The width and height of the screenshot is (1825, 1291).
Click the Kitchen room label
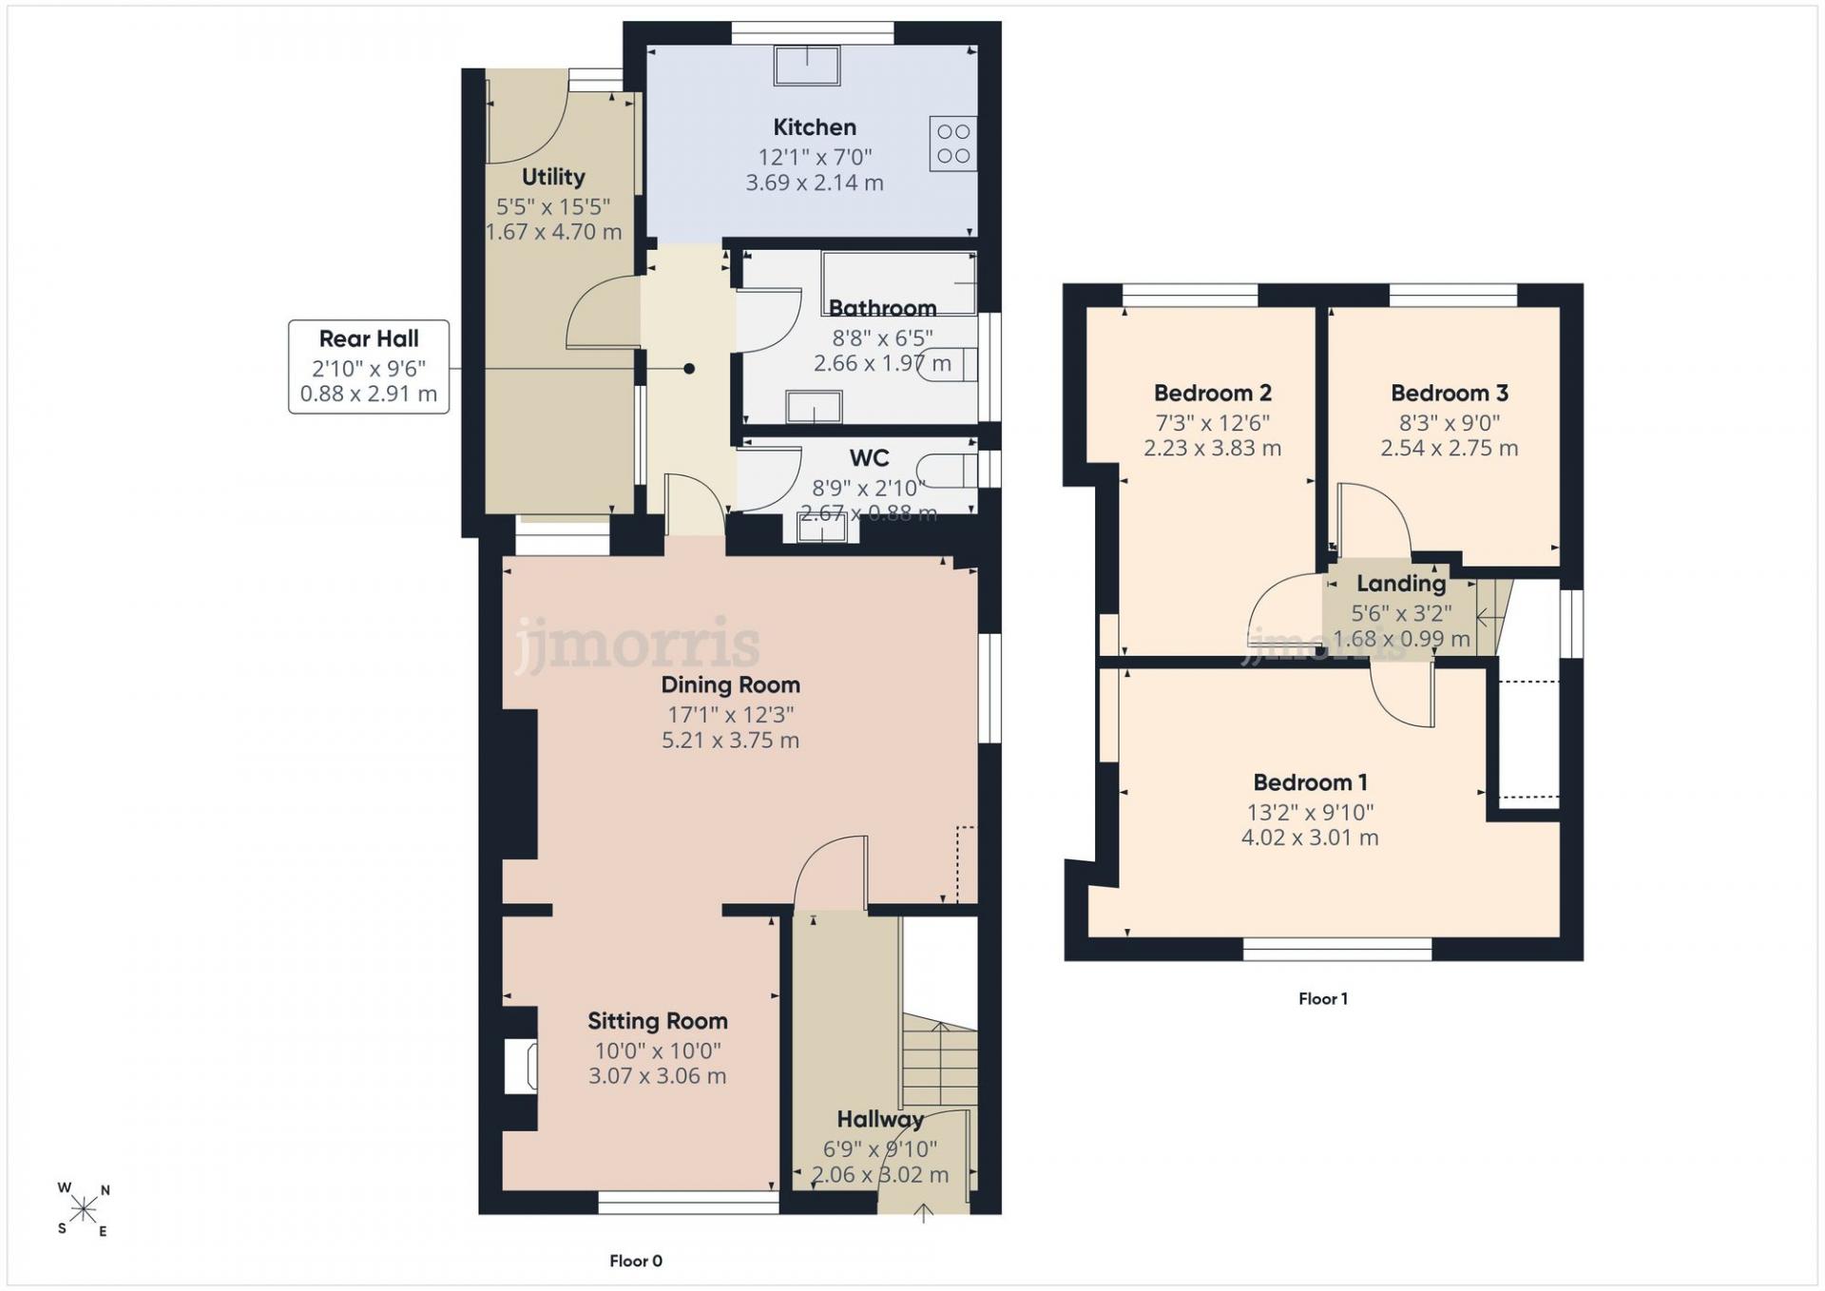point(815,127)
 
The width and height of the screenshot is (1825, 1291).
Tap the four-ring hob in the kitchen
point(953,144)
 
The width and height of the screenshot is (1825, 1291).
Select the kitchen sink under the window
point(807,66)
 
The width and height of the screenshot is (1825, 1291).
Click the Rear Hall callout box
point(369,367)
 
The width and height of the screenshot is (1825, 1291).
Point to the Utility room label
point(553,177)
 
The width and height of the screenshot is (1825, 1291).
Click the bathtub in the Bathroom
point(899,282)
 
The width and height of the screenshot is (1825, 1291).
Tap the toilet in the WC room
point(949,470)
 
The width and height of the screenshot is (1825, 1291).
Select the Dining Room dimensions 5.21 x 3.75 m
point(730,741)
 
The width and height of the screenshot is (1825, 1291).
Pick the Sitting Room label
point(658,1021)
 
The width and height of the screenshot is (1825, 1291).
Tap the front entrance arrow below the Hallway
point(923,1213)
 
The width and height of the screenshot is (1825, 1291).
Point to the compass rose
point(84,1209)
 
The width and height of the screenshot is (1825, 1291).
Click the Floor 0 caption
point(636,1261)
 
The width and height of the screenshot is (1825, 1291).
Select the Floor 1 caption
point(1323,998)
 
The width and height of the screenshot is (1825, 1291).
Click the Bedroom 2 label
point(1213,393)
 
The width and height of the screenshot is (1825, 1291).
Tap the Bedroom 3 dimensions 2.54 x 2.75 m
point(1450,448)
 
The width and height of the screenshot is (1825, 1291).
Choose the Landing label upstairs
point(1401,584)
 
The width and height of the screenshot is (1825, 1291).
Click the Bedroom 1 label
point(1310,782)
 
